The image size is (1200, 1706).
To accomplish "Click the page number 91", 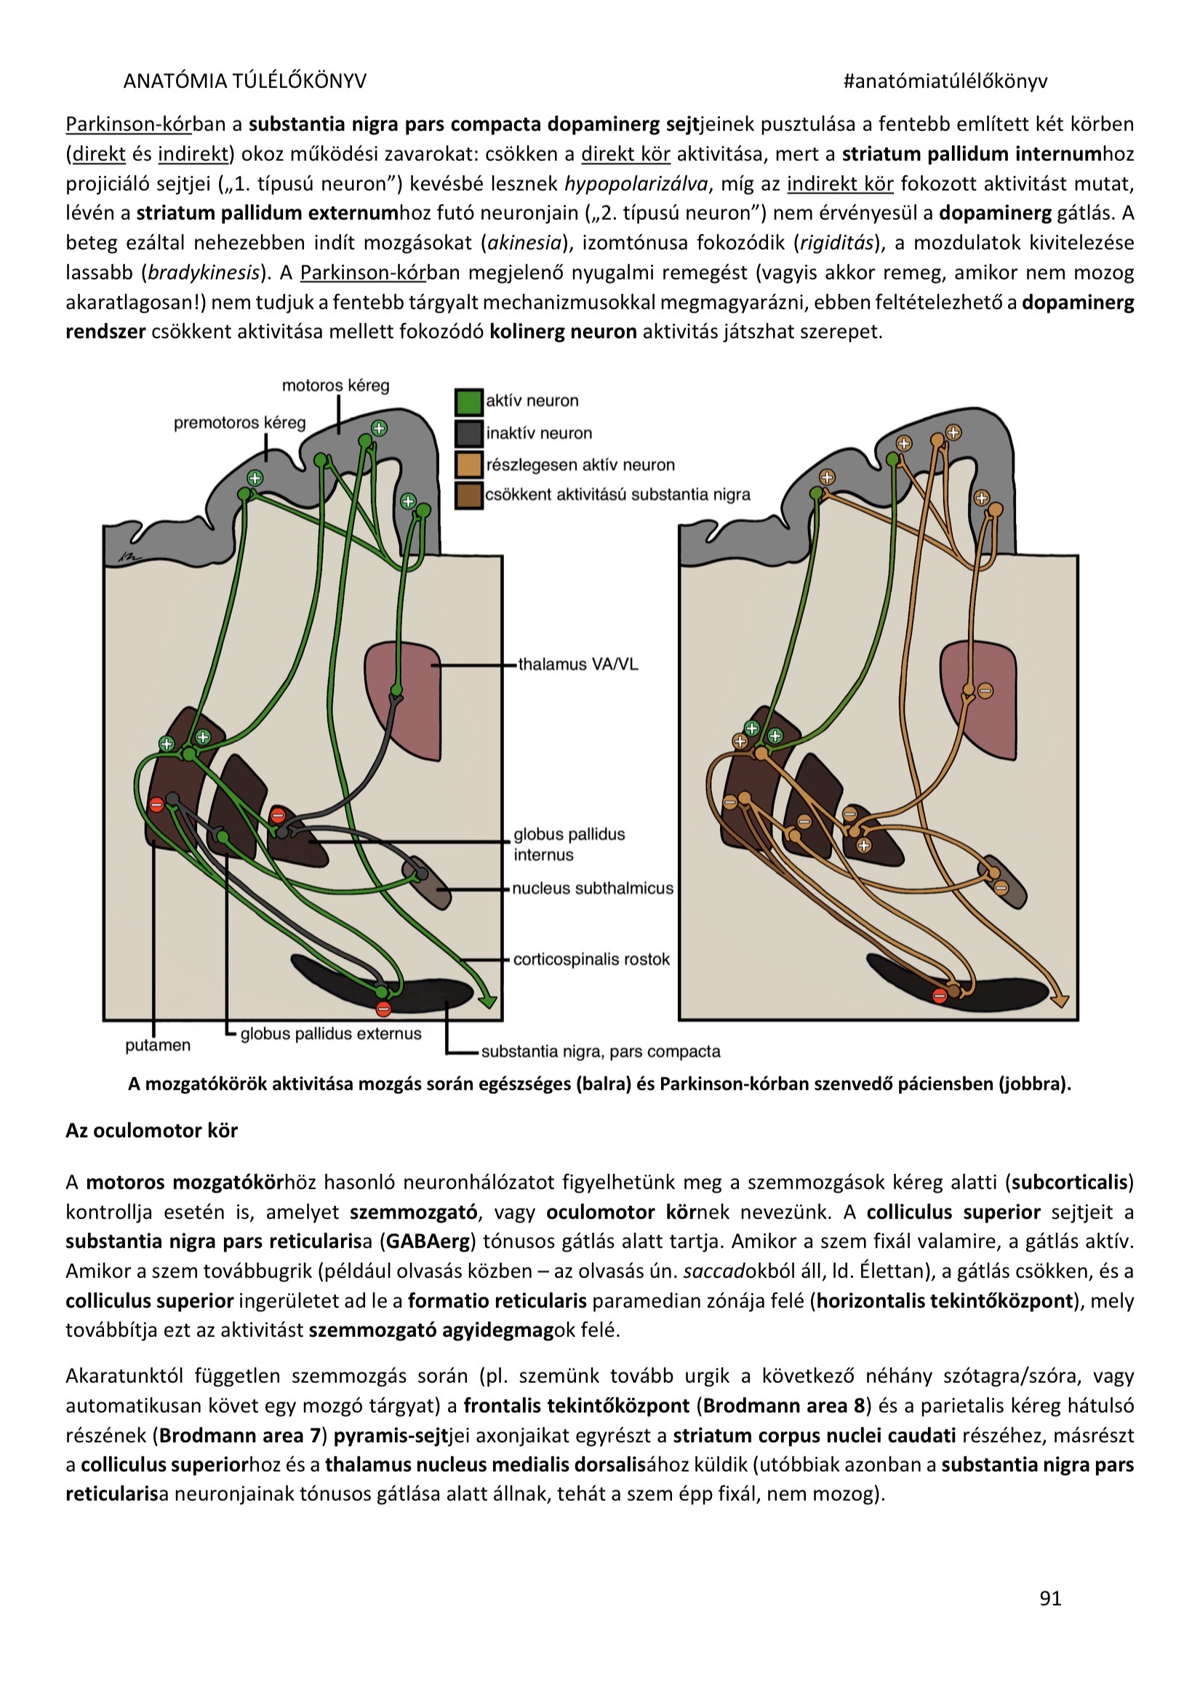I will [1050, 1598].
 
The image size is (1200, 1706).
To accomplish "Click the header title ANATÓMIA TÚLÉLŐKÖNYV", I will [244, 81].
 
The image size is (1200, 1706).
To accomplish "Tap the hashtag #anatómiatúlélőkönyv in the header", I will [945, 81].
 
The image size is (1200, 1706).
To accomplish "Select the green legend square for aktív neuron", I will [468, 402].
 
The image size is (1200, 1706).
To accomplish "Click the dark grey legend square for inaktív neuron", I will [468, 434].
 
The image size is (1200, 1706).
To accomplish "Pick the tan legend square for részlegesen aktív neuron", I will [468, 465].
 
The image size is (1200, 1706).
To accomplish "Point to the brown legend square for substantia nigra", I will [468, 496].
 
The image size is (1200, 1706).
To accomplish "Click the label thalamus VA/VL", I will [577, 664].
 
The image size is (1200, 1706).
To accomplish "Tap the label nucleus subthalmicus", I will [593, 888].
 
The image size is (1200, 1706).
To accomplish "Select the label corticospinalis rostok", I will [591, 959].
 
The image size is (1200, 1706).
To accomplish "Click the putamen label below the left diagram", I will [157, 1044].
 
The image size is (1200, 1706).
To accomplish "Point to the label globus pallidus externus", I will [330, 1033].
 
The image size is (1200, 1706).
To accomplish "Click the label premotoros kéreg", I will [239, 423].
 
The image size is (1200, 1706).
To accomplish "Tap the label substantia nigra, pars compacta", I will [600, 1052].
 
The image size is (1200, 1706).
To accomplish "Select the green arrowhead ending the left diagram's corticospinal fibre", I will [487, 1001].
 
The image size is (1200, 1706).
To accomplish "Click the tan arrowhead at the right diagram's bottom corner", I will [1060, 1001].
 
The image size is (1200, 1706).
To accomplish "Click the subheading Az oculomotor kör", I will [151, 1130].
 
